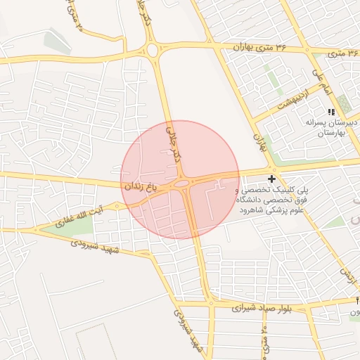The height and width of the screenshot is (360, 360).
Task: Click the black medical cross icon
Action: click(272, 180)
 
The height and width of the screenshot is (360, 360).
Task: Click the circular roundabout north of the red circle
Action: click(153, 50)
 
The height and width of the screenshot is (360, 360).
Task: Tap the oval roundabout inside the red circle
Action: click(181, 184)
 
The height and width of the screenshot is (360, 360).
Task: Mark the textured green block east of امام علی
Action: click(343, 103)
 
